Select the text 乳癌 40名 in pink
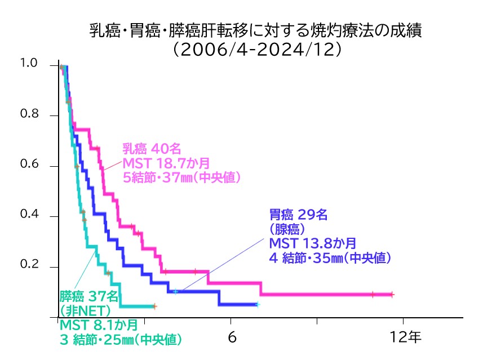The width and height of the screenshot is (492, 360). [152, 149]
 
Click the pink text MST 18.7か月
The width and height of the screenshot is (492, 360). [166, 163]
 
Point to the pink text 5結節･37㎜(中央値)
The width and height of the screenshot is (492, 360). [182, 178]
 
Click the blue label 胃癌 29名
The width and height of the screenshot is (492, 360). [298, 215]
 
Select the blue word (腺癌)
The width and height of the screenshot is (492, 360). [287, 229]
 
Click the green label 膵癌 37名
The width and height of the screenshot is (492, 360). [89, 295]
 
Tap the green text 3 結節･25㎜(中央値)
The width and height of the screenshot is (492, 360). [120, 340]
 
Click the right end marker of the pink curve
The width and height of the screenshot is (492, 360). [392, 294]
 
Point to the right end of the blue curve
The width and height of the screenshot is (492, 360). [257, 304]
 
